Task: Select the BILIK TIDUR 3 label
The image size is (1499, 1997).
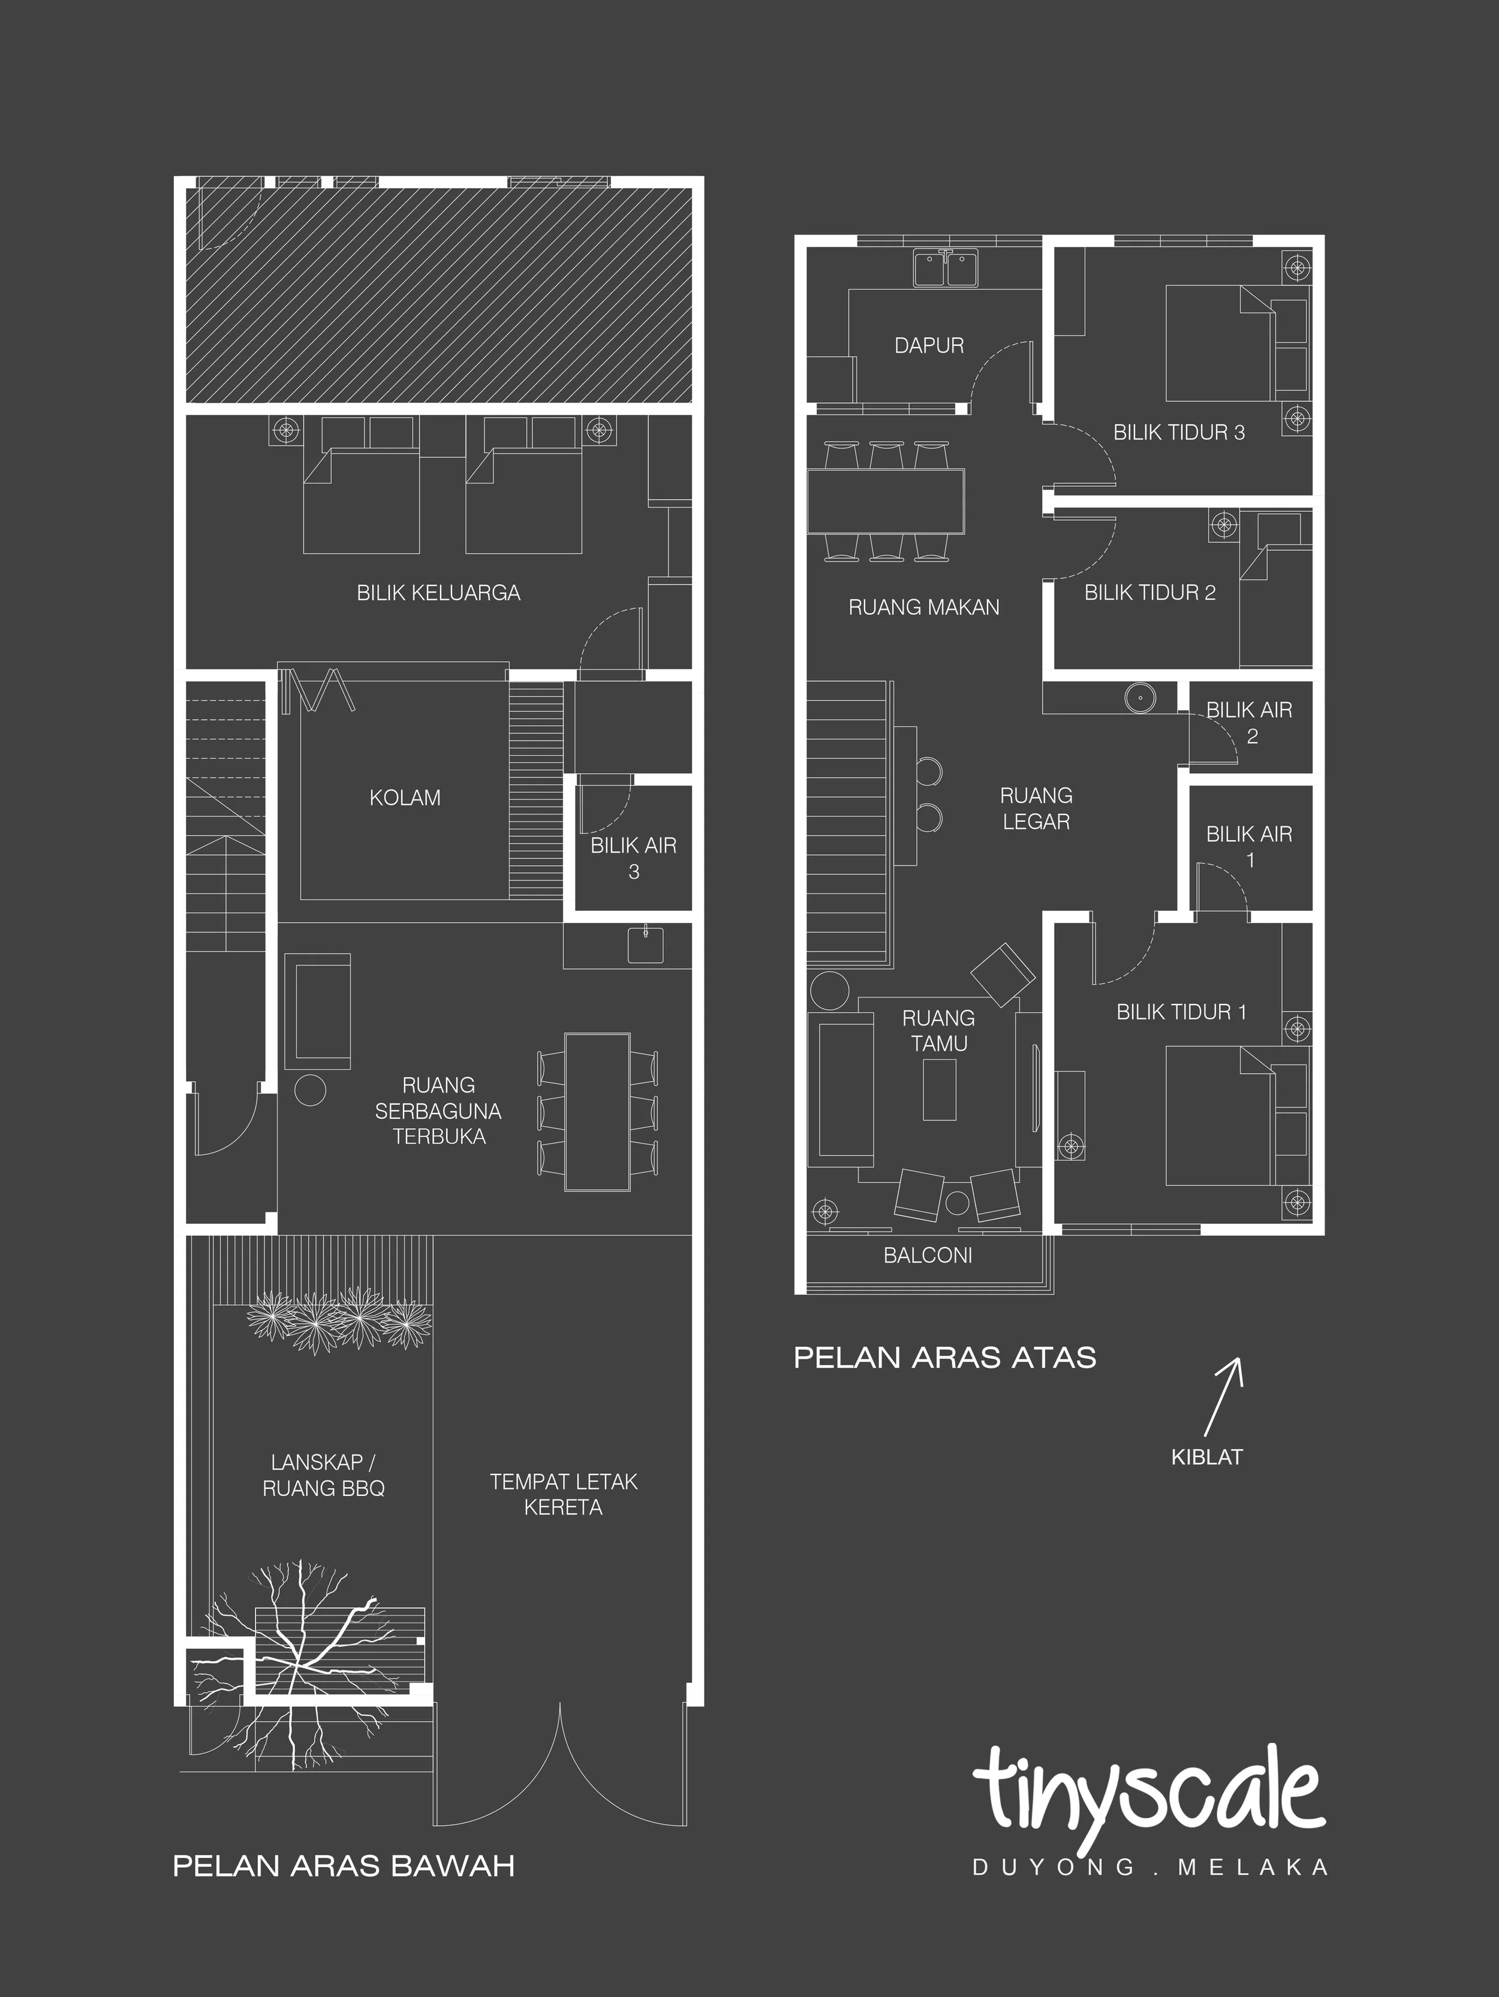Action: [1178, 433]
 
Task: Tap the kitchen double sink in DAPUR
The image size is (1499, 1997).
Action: [946, 268]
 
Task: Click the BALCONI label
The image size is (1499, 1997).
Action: [928, 1255]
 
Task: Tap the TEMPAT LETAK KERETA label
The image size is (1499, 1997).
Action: [564, 1494]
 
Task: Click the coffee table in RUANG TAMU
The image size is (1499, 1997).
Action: [939, 1089]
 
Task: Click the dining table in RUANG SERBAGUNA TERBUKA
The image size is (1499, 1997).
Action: [597, 1111]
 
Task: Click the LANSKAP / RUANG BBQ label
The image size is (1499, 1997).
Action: [323, 1475]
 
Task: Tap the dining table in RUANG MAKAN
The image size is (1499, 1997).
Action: [885, 501]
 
